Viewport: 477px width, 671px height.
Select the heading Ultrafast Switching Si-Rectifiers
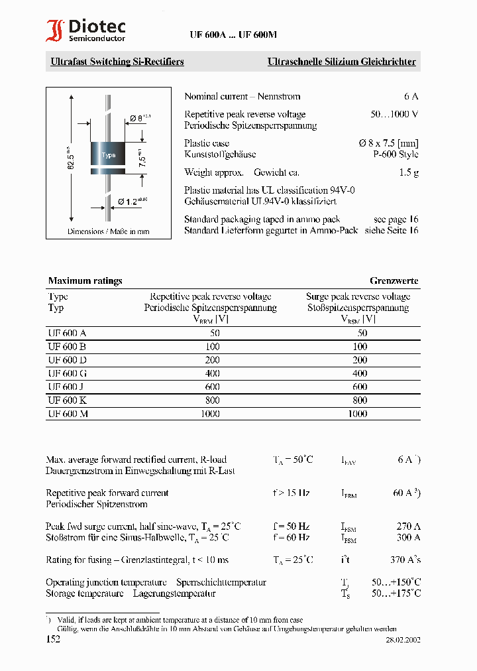pyautogui.click(x=117, y=62)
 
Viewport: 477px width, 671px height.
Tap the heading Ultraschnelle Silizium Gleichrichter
pyautogui.click(x=341, y=62)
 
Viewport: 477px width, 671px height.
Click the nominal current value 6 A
pyautogui.click(x=411, y=96)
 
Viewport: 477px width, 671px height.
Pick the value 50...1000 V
pyautogui.click(x=394, y=114)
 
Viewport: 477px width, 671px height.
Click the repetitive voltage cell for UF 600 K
pyautogui.click(x=211, y=400)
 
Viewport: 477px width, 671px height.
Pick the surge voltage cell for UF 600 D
pyautogui.click(x=359, y=360)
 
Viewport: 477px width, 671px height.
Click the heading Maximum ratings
pyautogui.click(x=85, y=280)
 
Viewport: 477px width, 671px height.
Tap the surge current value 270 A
pyautogui.click(x=407, y=526)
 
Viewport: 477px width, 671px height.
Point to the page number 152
pyautogui.click(x=53, y=639)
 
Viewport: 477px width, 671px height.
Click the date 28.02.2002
pyautogui.click(x=403, y=640)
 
